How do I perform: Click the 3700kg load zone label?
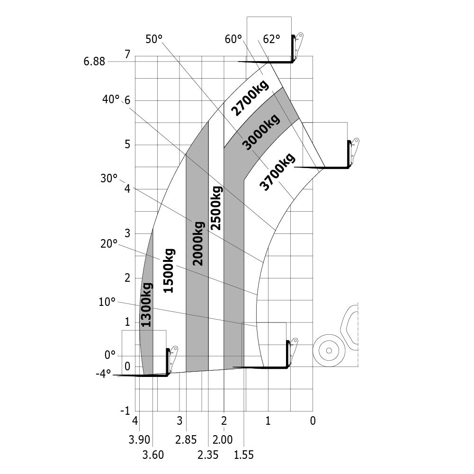tap(277, 172)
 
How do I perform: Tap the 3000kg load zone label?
tap(261, 132)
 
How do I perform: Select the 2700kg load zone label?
tap(250, 98)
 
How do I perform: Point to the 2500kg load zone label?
tap(216, 208)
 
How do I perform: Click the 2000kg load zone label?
tap(198, 244)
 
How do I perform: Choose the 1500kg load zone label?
tap(169, 270)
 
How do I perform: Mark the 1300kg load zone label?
tap(146, 305)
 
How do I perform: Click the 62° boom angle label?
tap(271, 39)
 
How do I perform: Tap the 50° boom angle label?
tap(154, 39)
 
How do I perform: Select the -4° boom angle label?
tap(103, 374)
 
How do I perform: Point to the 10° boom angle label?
tap(107, 302)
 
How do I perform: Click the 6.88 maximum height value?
tap(94, 62)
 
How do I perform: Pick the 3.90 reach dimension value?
tap(139, 440)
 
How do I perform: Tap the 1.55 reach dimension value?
tap(244, 455)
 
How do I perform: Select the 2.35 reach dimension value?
tap(208, 455)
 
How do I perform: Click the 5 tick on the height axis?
tap(127, 144)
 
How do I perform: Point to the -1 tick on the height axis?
tap(125, 411)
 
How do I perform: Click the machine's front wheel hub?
tap(329, 350)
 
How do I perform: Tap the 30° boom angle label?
tap(109, 179)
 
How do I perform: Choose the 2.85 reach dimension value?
tap(186, 440)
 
